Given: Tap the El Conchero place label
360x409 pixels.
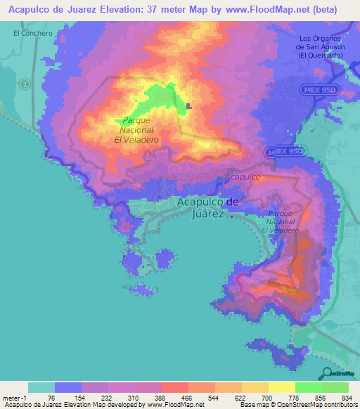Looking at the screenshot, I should tap(32, 33).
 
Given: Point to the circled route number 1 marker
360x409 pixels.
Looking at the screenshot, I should tap(25, 84).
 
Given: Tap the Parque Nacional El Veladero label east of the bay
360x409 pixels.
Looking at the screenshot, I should tap(285, 221).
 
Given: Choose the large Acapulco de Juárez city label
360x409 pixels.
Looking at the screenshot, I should tap(208, 207).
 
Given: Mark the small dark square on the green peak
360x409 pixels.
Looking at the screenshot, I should tap(189, 107).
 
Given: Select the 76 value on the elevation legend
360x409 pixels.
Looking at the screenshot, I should tap(54, 397).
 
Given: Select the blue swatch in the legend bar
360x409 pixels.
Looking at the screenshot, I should tap(68, 387).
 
